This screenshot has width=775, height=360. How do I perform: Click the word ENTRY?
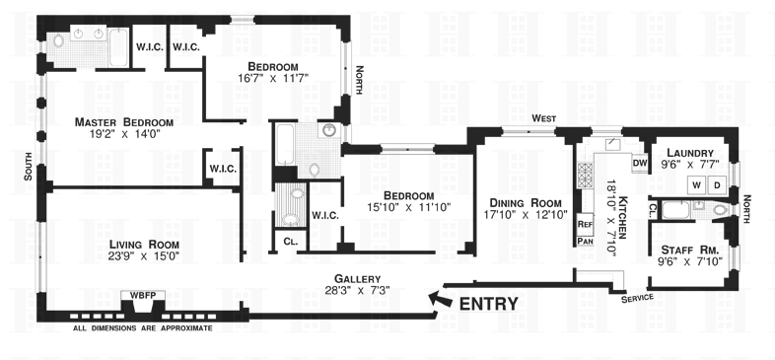click(x=489, y=304)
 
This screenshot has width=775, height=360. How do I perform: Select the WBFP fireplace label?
click(x=143, y=295)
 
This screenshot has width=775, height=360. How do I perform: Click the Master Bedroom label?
click(x=124, y=122)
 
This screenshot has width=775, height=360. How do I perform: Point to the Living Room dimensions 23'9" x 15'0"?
click(x=143, y=256)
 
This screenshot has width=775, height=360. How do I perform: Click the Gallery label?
click(x=357, y=279)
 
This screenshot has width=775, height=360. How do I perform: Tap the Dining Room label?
click(x=526, y=203)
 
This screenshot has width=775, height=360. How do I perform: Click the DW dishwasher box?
click(x=640, y=163)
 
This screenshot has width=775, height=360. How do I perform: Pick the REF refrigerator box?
click(x=586, y=224)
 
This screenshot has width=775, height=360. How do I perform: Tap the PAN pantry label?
click(x=586, y=242)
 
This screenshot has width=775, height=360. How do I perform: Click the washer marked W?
click(x=697, y=185)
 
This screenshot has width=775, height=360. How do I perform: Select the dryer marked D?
click(x=717, y=185)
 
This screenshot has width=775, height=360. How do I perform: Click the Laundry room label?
click(x=690, y=153)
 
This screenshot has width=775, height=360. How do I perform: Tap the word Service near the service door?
click(x=638, y=298)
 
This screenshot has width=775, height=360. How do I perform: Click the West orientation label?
click(x=543, y=118)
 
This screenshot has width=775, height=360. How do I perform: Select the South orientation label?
click(x=29, y=166)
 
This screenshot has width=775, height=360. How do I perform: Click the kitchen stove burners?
click(x=585, y=176)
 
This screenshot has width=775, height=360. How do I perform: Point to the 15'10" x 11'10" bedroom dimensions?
click(x=409, y=207)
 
